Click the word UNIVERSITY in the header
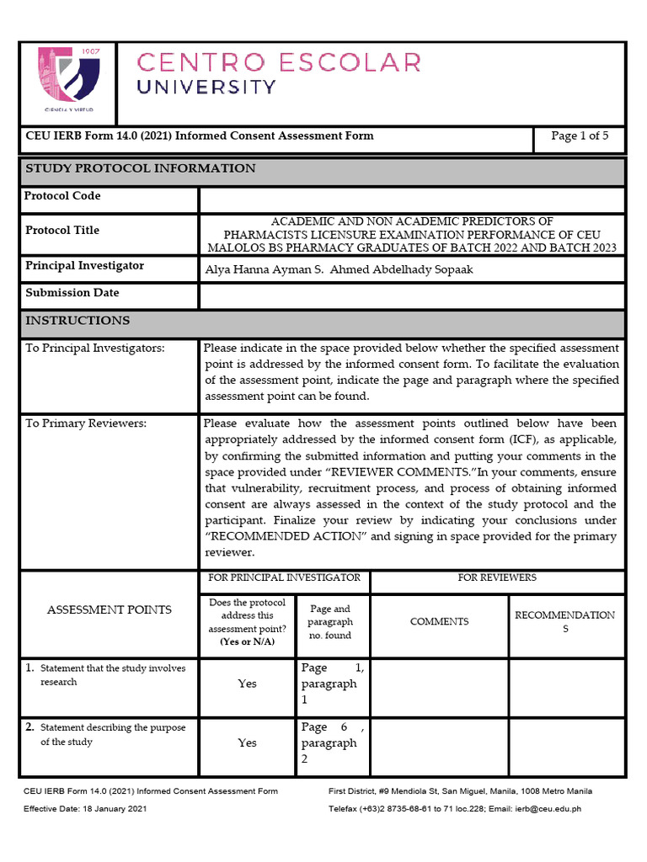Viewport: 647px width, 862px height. tap(206, 87)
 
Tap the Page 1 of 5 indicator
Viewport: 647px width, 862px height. tap(579, 136)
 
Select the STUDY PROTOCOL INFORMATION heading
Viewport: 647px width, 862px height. tap(141, 168)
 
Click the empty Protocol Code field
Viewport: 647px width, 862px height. tap(412, 200)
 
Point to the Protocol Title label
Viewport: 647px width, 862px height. tap(62, 231)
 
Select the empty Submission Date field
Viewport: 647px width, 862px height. tap(412, 296)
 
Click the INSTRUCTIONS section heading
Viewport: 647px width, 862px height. tap(78, 321)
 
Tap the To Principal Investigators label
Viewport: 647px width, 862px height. tap(94, 348)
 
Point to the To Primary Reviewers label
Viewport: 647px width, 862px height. tap(86, 423)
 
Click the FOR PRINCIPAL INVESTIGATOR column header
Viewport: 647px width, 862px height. tap(285, 577)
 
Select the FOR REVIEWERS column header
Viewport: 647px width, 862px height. tap(497, 577)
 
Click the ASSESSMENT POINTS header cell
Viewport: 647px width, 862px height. tap(109, 609)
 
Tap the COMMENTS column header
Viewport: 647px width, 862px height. tap(439, 621)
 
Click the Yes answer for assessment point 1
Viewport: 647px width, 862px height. tap(247, 684)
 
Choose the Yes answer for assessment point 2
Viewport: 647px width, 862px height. tap(247, 742)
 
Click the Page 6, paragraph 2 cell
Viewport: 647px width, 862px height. tap(333, 742)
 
